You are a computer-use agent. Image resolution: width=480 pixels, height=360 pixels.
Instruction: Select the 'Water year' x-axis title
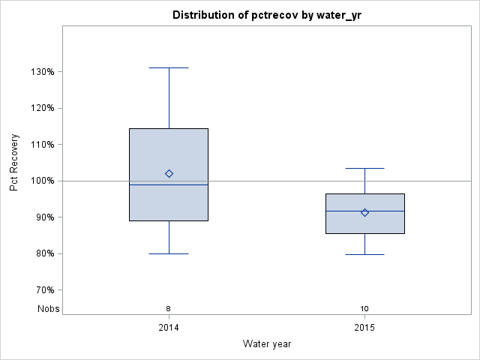click(266, 343)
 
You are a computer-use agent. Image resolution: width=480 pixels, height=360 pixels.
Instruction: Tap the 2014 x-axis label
click(169, 328)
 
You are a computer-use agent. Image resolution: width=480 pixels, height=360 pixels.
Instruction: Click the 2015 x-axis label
click(364, 328)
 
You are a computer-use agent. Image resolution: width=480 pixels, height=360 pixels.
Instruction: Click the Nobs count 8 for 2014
click(169, 308)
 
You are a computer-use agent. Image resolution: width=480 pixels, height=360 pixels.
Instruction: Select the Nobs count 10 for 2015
click(364, 308)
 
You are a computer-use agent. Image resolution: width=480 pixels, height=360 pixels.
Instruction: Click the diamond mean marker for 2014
click(169, 173)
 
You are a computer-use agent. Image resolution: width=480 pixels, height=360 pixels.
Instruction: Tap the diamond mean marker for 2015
click(364, 212)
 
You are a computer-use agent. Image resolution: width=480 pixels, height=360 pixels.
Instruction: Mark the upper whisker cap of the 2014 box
click(169, 67)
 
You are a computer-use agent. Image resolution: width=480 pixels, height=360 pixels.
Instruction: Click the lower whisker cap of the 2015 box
click(364, 254)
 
